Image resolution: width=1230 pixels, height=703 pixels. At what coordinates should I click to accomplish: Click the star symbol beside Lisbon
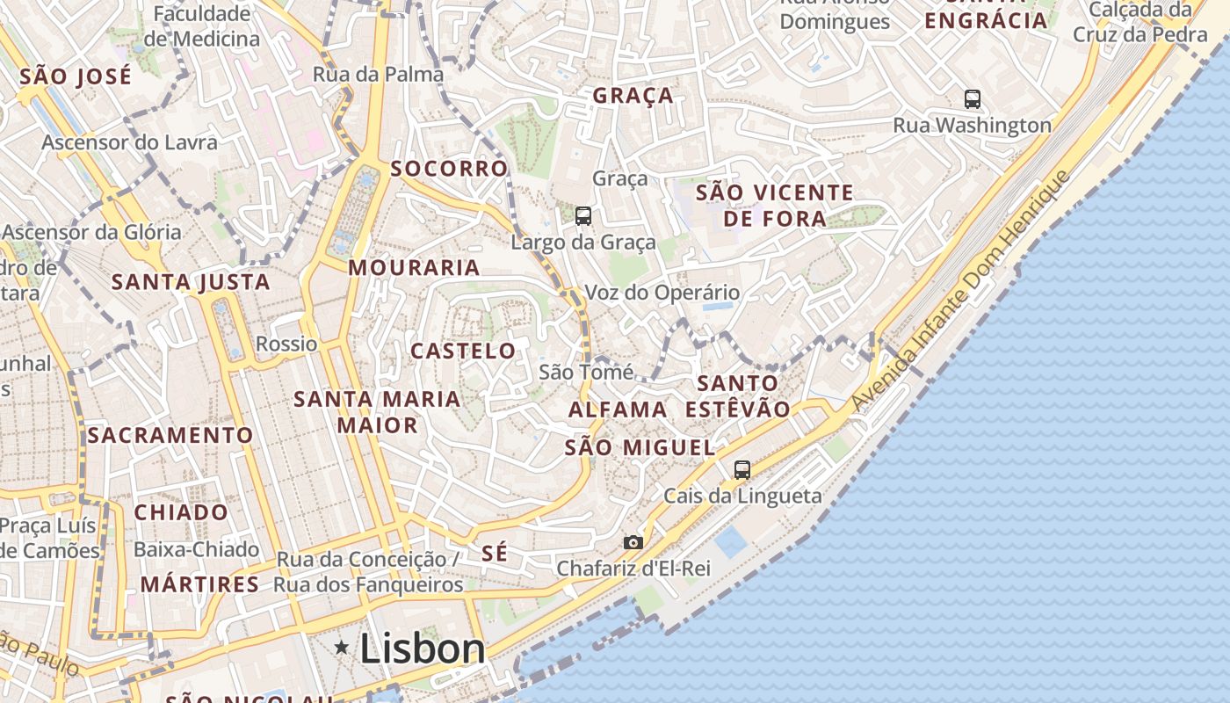(x=342, y=648)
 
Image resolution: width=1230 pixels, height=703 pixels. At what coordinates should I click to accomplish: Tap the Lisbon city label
(x=422, y=649)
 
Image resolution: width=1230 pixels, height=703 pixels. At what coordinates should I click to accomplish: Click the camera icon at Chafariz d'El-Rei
(x=633, y=543)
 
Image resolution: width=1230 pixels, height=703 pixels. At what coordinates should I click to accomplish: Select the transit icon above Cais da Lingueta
(x=742, y=470)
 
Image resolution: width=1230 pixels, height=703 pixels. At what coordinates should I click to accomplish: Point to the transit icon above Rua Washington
(x=972, y=99)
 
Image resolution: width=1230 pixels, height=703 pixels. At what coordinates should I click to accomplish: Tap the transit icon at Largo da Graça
(x=582, y=215)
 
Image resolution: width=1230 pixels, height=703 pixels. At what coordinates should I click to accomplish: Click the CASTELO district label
(x=463, y=351)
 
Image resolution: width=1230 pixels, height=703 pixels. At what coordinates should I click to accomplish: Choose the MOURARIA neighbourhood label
(x=414, y=267)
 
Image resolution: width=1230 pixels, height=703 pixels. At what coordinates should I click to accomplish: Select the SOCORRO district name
(x=449, y=168)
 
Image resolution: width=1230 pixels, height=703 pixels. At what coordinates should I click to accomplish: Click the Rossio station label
(x=286, y=344)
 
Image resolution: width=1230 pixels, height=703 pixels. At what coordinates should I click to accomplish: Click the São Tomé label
(x=585, y=373)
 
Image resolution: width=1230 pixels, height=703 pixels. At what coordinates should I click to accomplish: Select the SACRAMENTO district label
(x=170, y=435)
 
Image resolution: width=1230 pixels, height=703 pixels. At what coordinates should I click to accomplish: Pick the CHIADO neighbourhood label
(x=181, y=511)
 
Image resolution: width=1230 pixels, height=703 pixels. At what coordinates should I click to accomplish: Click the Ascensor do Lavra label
(x=129, y=142)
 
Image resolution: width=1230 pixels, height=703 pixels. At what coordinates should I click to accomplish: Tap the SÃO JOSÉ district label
(x=76, y=76)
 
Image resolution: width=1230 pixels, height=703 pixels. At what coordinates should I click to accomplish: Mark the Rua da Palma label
(x=378, y=74)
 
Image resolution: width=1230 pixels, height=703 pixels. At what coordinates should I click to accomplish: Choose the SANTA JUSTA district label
(x=191, y=282)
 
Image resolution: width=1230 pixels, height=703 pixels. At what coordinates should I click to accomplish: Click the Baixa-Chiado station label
(x=196, y=550)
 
